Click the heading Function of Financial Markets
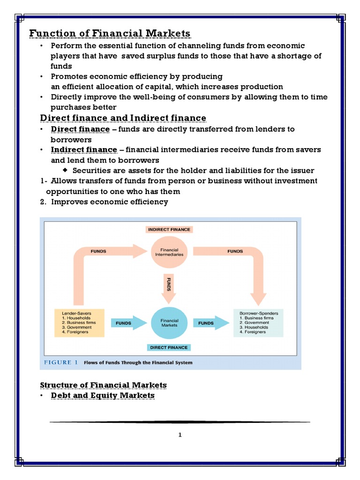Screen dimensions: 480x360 pos(110,33)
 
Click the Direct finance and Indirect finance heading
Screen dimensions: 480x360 pos(123,117)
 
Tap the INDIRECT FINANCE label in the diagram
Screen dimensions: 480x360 pos(169,229)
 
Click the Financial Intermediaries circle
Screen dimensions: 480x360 pos(169,252)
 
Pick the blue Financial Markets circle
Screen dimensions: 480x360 pos(169,322)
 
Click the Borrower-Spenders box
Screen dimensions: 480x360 pos(258,322)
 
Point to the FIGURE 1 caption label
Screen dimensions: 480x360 pos(61,362)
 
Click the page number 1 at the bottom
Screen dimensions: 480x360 pos(180,435)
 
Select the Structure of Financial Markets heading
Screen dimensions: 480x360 pos(103,385)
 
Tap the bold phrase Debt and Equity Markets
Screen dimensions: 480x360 pos(103,396)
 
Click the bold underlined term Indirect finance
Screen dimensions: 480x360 pos(84,150)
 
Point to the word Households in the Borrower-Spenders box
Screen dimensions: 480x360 pos(256,327)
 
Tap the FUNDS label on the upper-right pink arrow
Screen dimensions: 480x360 pos(235,251)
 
